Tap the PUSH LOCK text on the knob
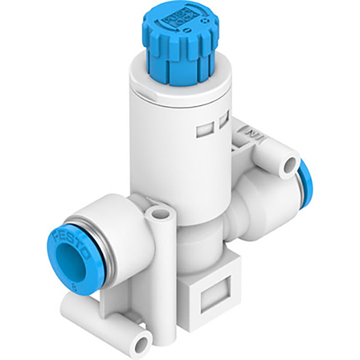pyautogui.click(x=181, y=22)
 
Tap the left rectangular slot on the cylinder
pyautogui.click(x=202, y=128)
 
